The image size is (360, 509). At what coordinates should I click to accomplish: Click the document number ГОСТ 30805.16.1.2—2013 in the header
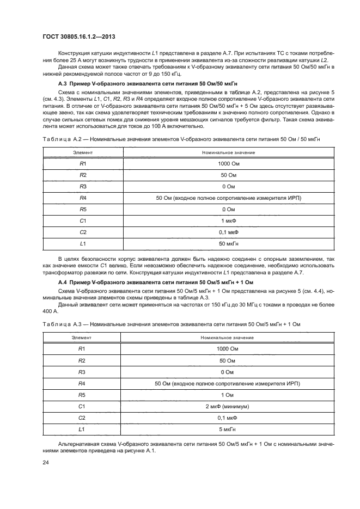(x=80, y=36)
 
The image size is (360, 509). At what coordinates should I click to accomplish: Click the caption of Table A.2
(x=181, y=139)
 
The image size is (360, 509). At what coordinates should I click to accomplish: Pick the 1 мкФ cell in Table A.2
(x=228, y=220)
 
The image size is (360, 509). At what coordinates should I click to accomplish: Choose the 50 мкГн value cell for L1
(x=228, y=243)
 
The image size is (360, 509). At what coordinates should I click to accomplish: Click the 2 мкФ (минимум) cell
(x=228, y=406)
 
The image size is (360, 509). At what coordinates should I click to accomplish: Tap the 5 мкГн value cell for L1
(x=228, y=429)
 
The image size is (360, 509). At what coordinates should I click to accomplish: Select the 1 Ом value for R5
(x=228, y=395)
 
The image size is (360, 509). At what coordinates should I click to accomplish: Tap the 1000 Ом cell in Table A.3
(x=228, y=349)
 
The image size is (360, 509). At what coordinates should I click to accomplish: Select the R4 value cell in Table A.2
(x=228, y=198)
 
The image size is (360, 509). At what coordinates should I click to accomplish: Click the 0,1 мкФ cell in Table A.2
(x=228, y=231)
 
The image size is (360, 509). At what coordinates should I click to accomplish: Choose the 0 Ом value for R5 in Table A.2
(x=228, y=209)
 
